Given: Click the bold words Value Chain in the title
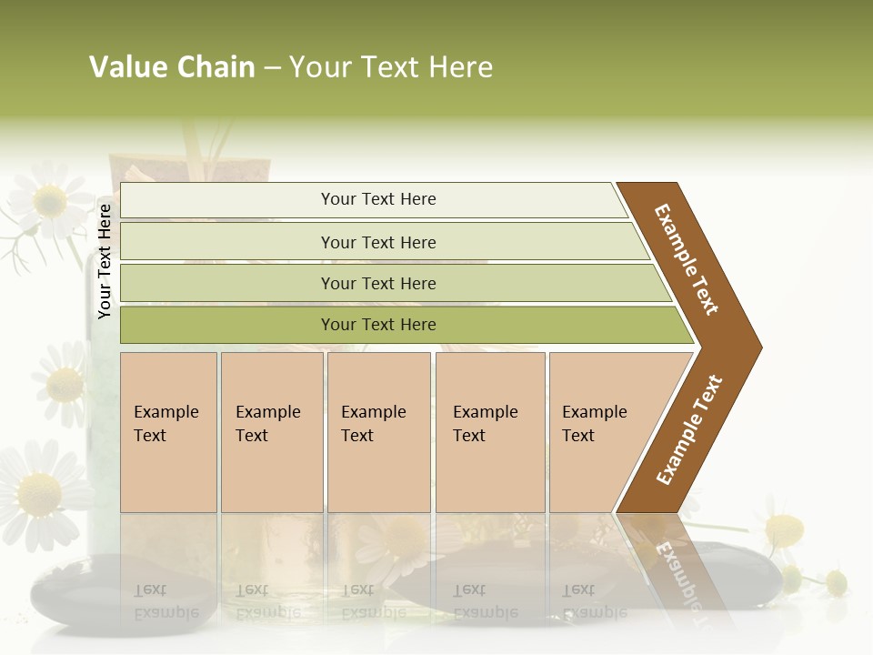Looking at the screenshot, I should (172, 67).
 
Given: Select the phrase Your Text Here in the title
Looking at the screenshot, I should (391, 67).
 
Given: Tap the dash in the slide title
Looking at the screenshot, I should (272, 68).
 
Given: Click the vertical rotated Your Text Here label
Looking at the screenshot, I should (105, 261).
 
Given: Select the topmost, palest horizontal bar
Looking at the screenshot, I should (377, 199).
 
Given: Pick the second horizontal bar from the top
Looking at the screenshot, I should (377, 242).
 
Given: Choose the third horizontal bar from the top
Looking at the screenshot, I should (377, 283).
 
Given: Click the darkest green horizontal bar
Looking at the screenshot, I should (377, 325).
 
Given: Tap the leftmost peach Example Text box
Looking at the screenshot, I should (168, 432).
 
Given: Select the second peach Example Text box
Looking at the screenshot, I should (271, 432).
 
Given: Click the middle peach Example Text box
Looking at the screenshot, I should (378, 432).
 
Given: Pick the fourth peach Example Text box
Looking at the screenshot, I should (490, 432).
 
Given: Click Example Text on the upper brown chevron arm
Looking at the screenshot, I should (687, 259).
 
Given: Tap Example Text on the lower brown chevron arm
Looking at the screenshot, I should (689, 430).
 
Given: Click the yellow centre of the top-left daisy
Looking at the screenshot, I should (49, 201).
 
